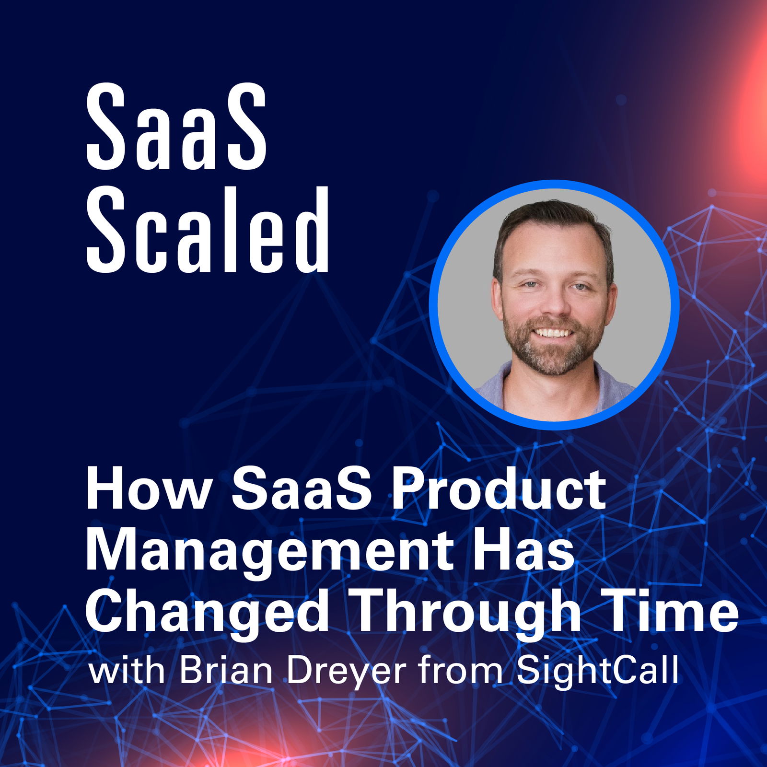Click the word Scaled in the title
point(208,229)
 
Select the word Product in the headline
point(499,490)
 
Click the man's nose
point(555,304)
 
